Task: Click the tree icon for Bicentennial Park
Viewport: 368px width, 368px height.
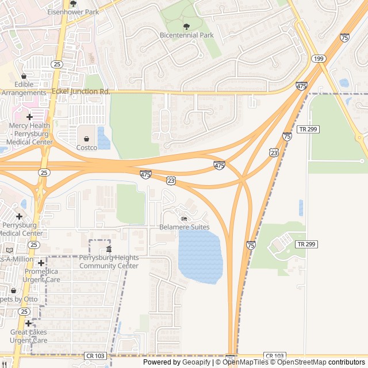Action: pyautogui.click(x=186, y=26)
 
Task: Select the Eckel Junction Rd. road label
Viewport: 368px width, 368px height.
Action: pyautogui.click(x=81, y=91)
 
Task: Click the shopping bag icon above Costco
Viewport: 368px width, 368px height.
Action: pyautogui.click(x=87, y=139)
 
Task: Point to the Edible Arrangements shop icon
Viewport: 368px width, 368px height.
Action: pyautogui.click(x=24, y=76)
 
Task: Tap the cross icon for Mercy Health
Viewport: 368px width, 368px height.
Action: pyautogui.click(x=29, y=117)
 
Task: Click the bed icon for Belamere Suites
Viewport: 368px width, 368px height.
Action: pyautogui.click(x=184, y=218)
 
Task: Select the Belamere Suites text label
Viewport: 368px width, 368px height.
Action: pyautogui.click(x=184, y=227)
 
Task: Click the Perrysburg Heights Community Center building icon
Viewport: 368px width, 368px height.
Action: pyautogui.click(x=109, y=249)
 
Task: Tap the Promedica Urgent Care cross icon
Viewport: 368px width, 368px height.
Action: pyautogui.click(x=41, y=263)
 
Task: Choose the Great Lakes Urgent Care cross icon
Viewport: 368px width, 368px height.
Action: pyautogui.click(x=28, y=323)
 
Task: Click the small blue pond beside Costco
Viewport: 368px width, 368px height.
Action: pyautogui.click(x=104, y=139)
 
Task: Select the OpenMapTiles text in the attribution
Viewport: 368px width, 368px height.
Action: pyautogui.click(x=245, y=362)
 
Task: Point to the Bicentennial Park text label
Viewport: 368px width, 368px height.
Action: pyautogui.click(x=187, y=35)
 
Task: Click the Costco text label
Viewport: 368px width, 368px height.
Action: pyautogui.click(x=87, y=147)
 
